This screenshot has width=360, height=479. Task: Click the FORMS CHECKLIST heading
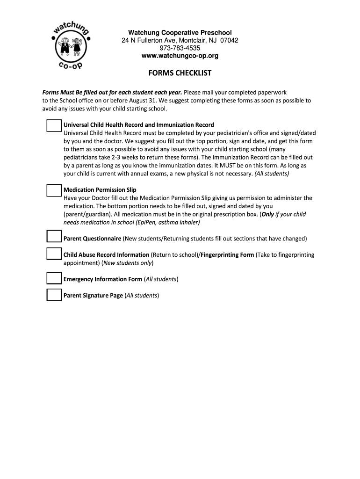coord(180,73)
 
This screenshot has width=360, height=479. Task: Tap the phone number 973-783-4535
coord(180,48)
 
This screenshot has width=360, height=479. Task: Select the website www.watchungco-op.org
coord(180,56)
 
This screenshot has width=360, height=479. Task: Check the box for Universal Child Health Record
coord(54,126)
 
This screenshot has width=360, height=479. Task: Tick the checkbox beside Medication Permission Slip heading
coord(54,190)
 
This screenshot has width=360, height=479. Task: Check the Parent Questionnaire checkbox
coord(54,237)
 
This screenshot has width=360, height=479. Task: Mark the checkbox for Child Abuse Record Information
coord(54,254)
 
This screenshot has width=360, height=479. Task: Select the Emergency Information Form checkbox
coord(54,278)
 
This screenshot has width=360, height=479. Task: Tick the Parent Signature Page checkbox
coord(54,295)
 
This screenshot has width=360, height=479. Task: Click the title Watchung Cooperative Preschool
coord(180,32)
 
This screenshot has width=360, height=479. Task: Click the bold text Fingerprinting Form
coord(227,255)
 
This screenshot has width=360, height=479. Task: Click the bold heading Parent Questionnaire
coord(92,239)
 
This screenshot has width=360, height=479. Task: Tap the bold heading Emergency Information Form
coord(103,279)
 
